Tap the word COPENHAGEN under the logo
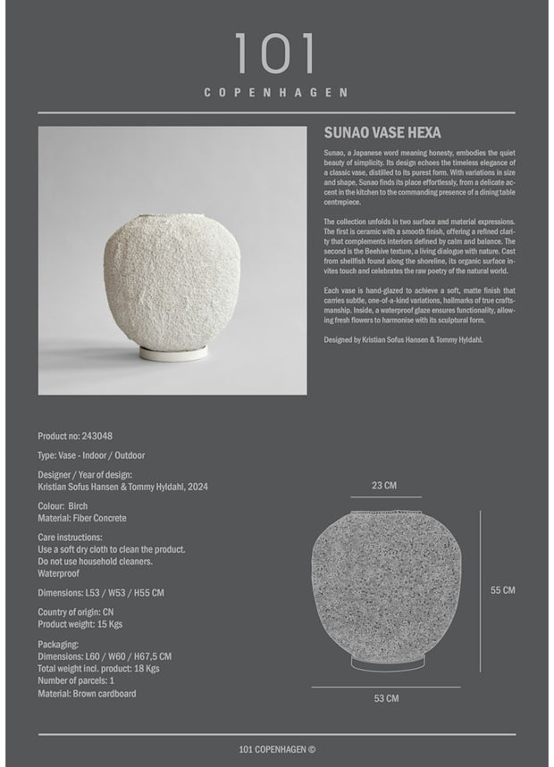tap(275, 92)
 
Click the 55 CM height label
tap(503, 590)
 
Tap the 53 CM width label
tap(386, 698)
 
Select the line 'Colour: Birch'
tap(63, 506)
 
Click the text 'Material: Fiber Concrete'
tap(82, 518)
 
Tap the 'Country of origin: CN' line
tap(75, 613)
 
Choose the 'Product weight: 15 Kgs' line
tap(80, 624)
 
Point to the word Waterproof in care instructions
tap(59, 573)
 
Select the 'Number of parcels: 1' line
tap(76, 680)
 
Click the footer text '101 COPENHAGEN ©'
tap(277, 748)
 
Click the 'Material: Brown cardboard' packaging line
tap(87, 693)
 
